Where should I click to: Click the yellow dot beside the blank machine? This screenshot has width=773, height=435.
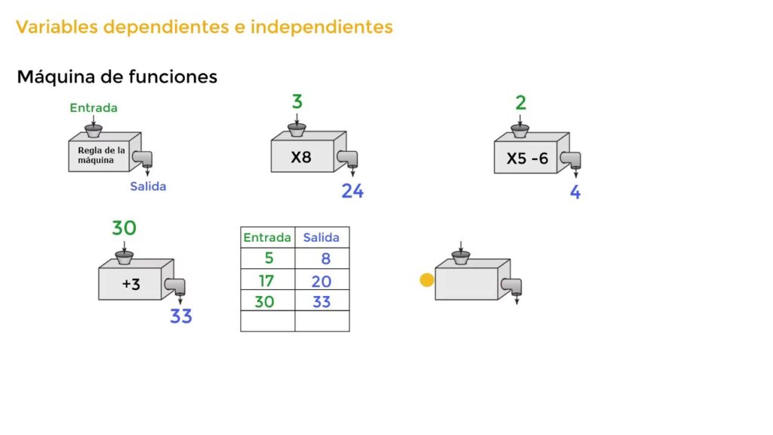pos(427,280)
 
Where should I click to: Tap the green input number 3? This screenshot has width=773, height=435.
pos(297,102)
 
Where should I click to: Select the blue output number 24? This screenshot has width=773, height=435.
pos(353,191)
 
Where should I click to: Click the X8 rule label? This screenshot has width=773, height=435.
pos(301,157)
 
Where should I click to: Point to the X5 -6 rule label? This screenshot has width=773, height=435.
pos(528,159)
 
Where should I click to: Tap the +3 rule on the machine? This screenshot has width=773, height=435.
pos(131,284)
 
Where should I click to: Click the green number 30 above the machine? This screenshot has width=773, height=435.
pos(124,228)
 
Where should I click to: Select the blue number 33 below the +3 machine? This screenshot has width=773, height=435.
pos(181,316)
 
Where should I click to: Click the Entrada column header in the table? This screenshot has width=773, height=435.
pos(267,238)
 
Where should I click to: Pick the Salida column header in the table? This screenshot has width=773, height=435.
pos(321,238)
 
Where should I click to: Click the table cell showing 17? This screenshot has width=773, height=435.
pos(268,279)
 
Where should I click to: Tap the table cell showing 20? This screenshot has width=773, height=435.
pos(322,279)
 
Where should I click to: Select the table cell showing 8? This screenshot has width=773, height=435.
pos(322,258)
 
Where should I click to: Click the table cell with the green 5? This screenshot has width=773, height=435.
pos(268,258)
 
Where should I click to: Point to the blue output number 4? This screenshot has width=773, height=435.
pos(575,192)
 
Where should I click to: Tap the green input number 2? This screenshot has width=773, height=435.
pos(521,103)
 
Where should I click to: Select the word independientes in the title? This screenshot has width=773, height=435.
pos(322,26)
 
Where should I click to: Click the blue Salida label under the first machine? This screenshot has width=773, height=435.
pos(148,187)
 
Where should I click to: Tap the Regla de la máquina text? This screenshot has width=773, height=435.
pos(102,156)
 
